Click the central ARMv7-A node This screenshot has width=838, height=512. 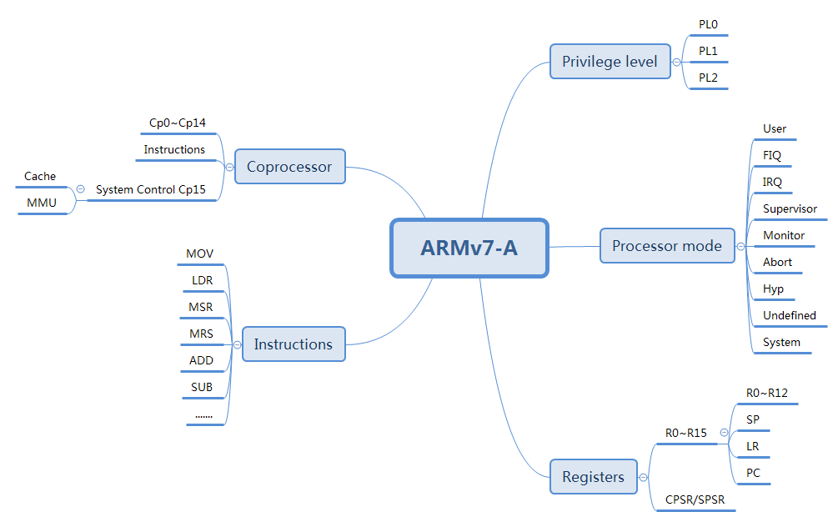469,248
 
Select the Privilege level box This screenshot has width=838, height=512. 610,62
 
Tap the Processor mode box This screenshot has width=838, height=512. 667,246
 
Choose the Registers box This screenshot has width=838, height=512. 593,477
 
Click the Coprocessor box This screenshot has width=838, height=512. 289,167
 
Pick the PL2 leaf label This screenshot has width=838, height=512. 708,78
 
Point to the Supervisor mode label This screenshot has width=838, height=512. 790,209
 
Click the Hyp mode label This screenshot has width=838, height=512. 773,289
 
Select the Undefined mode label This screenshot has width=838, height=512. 789,316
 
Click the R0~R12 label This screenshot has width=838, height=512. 765,393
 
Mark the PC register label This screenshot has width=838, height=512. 754,474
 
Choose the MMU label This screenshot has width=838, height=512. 41,203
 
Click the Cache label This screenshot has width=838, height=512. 40,177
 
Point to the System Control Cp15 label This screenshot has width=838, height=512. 150,190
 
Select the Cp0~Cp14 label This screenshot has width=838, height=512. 178,123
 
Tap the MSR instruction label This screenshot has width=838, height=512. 200,308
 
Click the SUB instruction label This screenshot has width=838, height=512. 201,388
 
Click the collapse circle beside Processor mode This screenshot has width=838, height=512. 740,246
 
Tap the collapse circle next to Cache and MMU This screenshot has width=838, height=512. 80,189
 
